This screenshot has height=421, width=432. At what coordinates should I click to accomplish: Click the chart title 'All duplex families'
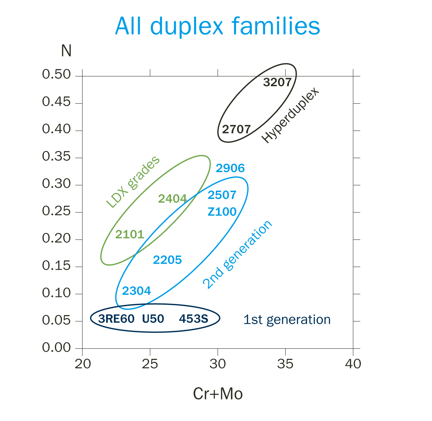click(x=218, y=26)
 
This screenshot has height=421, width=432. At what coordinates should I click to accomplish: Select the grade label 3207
click(x=277, y=82)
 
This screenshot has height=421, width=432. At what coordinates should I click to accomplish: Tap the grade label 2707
click(x=236, y=130)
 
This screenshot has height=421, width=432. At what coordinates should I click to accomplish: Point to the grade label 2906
click(x=230, y=168)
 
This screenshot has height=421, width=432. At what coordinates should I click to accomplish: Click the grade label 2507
click(x=222, y=195)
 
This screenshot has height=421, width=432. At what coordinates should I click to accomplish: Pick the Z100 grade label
click(x=222, y=212)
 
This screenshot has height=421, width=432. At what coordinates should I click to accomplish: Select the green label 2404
click(x=172, y=199)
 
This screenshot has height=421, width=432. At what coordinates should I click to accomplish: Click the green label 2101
click(x=130, y=235)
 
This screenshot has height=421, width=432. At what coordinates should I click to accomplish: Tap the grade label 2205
click(x=167, y=260)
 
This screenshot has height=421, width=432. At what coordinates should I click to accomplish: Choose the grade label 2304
click(x=136, y=291)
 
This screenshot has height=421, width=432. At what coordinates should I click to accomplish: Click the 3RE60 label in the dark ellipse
click(x=116, y=319)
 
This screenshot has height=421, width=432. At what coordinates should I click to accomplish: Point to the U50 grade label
click(x=153, y=319)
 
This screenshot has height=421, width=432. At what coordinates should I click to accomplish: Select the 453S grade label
click(x=194, y=319)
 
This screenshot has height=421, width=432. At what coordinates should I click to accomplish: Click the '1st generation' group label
click(x=287, y=320)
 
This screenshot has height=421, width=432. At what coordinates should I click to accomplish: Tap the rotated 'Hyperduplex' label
click(x=291, y=115)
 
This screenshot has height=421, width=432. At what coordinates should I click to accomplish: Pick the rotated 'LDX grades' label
click(x=133, y=182)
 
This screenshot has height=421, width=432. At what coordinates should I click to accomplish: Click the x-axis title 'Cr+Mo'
click(x=218, y=394)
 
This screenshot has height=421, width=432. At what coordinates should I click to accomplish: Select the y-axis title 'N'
click(x=66, y=51)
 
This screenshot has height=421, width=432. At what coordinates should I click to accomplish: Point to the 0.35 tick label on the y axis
click(x=56, y=156)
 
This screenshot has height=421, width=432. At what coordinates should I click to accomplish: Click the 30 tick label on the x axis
click(x=218, y=364)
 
